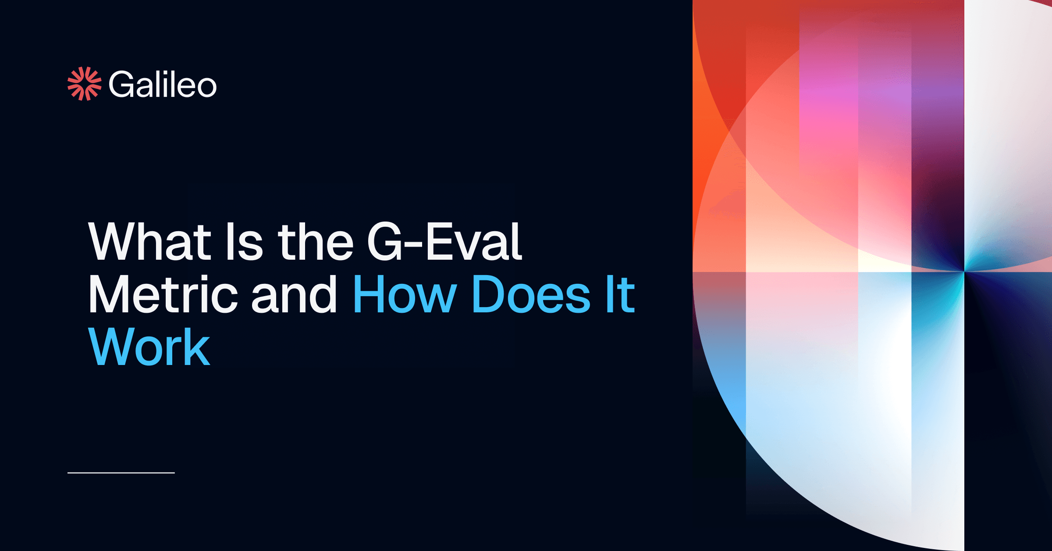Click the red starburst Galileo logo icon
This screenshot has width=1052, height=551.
coord(84,84)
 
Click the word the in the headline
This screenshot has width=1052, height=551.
coord(316,242)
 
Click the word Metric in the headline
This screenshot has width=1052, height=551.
coord(163,294)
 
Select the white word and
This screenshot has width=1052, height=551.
coord(294,294)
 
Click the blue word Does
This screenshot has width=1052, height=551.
coord(531,294)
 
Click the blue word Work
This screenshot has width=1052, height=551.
coord(149,347)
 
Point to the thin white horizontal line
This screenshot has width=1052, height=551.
coord(121,473)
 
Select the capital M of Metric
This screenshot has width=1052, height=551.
coord(109,294)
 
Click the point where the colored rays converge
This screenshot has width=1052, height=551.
coord(964,272)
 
